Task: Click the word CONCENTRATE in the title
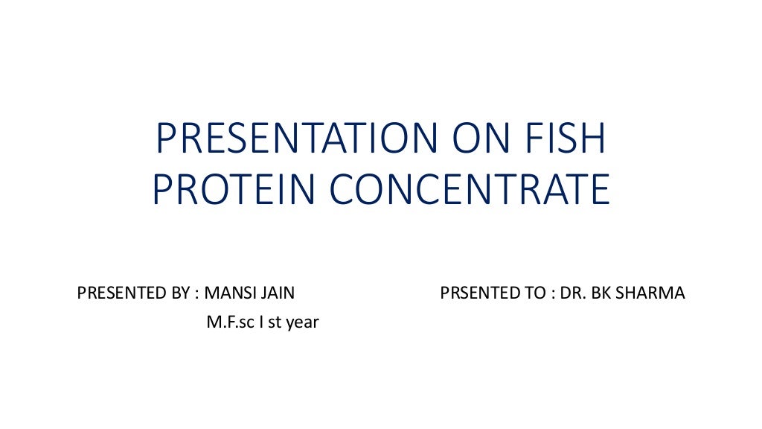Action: coord(470,190)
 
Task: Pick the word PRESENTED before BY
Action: coord(118,293)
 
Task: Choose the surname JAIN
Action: coord(278,293)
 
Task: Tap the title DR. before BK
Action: coord(573,293)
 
